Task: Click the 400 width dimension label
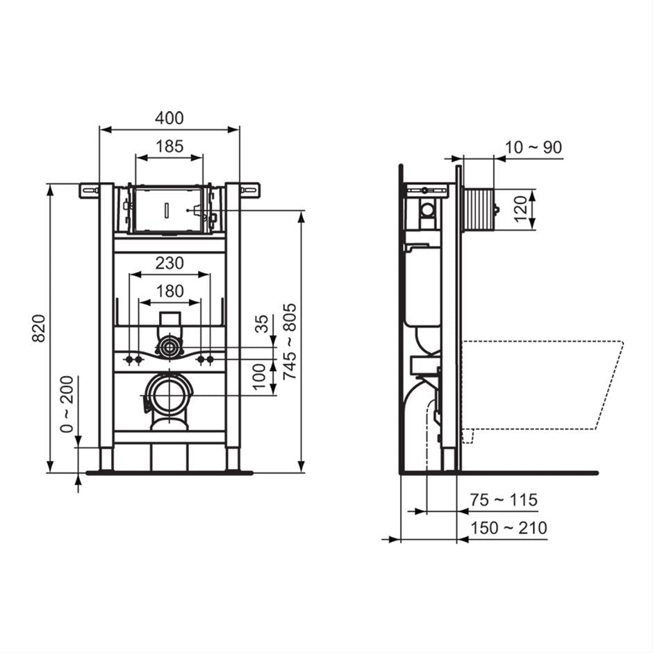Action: pyautogui.click(x=170, y=118)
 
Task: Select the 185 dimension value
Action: pyautogui.click(x=169, y=146)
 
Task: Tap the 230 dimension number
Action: pyautogui.click(x=170, y=263)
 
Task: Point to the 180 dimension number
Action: pyautogui.click(x=170, y=291)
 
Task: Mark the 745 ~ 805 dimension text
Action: pyautogui.click(x=290, y=341)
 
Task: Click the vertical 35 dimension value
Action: pyautogui.click(x=262, y=324)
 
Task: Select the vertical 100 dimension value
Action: pyautogui.click(x=261, y=377)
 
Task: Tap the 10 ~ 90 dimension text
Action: pyautogui.click(x=534, y=147)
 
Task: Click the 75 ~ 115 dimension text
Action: pyautogui.click(x=503, y=500)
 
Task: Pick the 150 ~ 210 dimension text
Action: pyautogui.click(x=508, y=528)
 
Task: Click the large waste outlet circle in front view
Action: pyautogui.click(x=170, y=395)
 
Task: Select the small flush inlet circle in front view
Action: pyautogui.click(x=169, y=347)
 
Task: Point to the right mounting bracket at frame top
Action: pyautogui.click(x=249, y=188)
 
